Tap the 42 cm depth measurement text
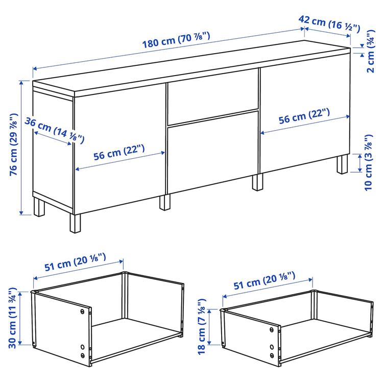(x=330, y=22)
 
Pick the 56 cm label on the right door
(x=305, y=116)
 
